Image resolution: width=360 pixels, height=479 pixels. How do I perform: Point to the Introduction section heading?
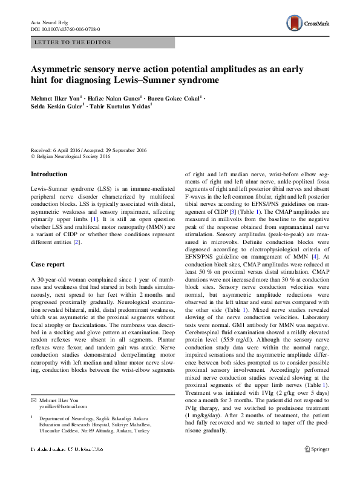tap(49, 174)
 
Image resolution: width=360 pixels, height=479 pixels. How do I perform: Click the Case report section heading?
tap(48, 265)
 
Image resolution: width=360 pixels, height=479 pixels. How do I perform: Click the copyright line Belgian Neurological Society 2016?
tap(73, 156)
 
